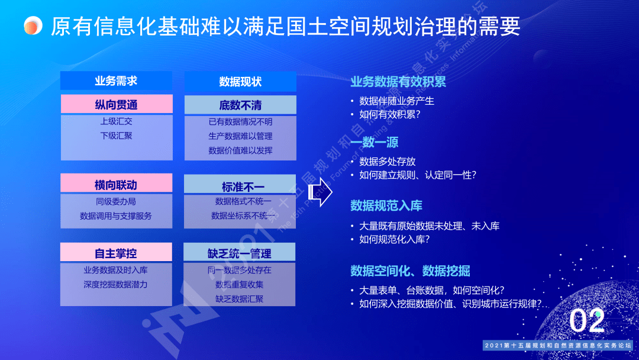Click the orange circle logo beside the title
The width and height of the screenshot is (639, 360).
(x=33, y=25)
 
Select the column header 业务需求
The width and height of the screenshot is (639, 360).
(x=116, y=81)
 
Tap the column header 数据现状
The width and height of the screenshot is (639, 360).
(x=240, y=82)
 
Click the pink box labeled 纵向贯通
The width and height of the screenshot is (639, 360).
(x=117, y=104)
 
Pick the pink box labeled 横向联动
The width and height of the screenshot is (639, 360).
(x=117, y=184)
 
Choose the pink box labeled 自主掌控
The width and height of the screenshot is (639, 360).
(x=117, y=253)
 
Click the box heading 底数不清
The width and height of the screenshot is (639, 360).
(x=240, y=105)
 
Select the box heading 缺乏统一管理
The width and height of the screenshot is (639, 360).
(x=240, y=253)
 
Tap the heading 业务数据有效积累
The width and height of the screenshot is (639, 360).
(x=398, y=82)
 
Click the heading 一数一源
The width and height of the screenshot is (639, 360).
(x=375, y=142)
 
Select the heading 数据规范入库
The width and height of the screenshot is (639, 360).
(x=386, y=205)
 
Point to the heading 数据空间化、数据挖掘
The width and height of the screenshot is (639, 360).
(x=410, y=271)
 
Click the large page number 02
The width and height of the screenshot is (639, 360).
(x=587, y=321)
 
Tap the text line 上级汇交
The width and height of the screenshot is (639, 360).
(x=117, y=121)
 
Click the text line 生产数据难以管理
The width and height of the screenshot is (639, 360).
(x=240, y=136)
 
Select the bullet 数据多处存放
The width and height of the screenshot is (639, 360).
(x=388, y=161)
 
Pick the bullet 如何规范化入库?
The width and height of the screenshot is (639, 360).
(x=394, y=240)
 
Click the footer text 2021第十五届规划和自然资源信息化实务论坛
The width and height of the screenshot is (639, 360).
(x=558, y=345)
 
